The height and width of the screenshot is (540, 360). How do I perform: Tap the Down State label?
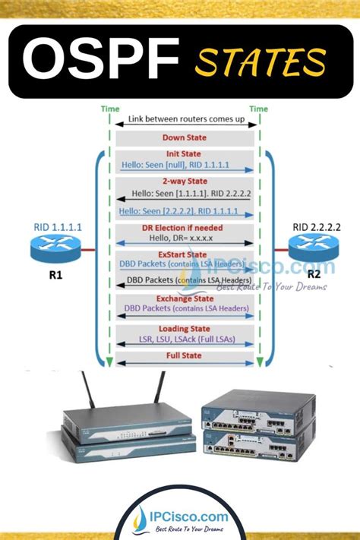(x=184, y=137)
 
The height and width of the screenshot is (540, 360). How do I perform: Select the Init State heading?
(x=184, y=153)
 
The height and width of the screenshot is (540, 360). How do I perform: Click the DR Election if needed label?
(x=184, y=226)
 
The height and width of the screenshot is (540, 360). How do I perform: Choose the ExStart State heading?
(x=184, y=254)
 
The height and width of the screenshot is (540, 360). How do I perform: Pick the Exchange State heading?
(x=184, y=298)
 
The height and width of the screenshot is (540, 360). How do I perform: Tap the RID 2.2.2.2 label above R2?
(x=312, y=226)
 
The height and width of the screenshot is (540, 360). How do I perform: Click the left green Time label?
(x=109, y=109)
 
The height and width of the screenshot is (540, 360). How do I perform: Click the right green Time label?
(x=258, y=109)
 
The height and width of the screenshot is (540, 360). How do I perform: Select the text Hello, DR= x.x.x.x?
(x=184, y=238)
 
